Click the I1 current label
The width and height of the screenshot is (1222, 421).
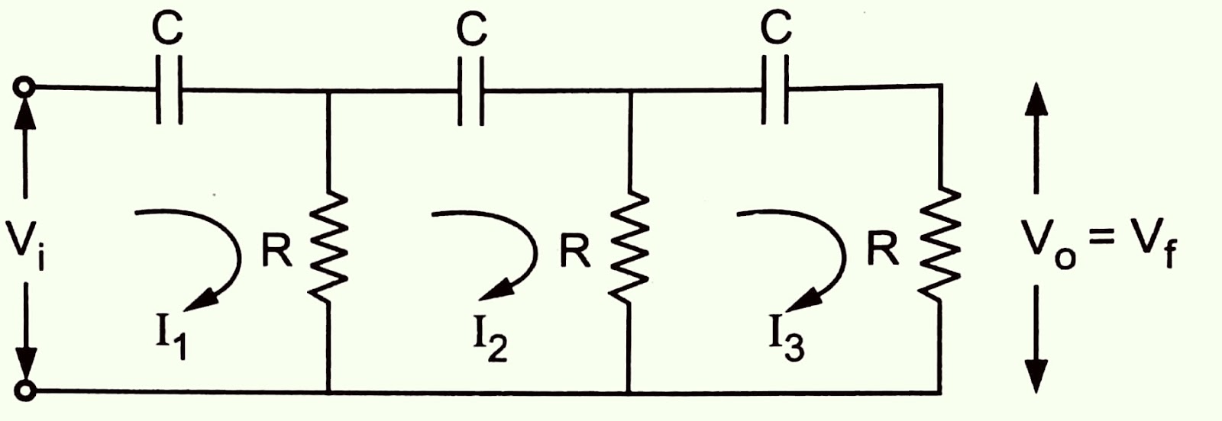171,336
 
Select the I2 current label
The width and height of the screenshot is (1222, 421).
490,339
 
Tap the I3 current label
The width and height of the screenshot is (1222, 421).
787,339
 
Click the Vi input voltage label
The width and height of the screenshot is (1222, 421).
27,244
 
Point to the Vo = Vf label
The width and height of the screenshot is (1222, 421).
1100,244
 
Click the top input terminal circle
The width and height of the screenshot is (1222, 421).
25,88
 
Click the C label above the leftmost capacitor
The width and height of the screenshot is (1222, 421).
166,29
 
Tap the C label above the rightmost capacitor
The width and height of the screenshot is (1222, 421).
775,29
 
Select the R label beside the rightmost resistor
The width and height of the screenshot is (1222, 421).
884,248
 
